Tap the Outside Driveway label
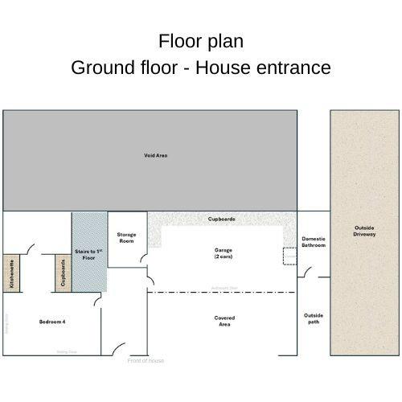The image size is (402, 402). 363,231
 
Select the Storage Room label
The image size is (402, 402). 125,237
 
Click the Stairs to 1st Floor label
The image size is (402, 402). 88,256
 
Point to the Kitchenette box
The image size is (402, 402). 12,273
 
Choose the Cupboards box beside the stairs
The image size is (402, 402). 62,273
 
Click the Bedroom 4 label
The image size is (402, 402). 52,322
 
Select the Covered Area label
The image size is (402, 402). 224,321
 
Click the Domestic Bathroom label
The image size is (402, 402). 314,242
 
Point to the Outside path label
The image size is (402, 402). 313,318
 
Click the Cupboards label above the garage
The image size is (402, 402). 222,219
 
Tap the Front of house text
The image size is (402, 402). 146,360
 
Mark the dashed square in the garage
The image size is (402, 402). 289,256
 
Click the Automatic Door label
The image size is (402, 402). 224,287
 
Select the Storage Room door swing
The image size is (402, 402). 142,260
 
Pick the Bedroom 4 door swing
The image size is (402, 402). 97,301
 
